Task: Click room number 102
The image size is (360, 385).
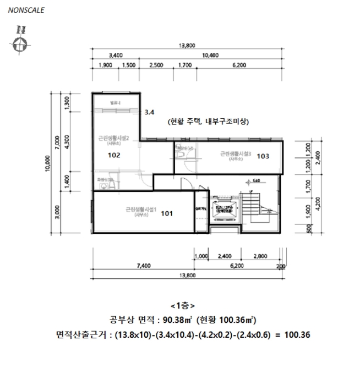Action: (x=114, y=155)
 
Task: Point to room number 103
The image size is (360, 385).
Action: (x=263, y=156)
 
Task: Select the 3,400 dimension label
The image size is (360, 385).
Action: (x=116, y=56)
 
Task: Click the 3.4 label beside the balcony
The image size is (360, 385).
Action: (x=149, y=112)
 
